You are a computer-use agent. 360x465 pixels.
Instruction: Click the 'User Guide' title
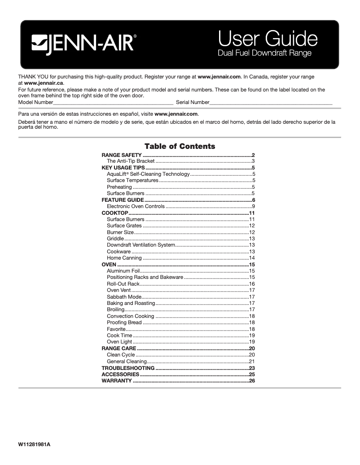pos(268,39)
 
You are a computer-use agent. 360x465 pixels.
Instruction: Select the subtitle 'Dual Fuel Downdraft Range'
pos(264,53)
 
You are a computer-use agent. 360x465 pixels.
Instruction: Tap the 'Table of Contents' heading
pos(180,146)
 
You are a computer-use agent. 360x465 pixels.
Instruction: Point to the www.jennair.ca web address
pos(44,83)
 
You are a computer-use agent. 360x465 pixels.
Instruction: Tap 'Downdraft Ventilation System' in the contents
pos(140,245)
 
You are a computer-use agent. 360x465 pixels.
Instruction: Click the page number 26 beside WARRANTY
pos(252,381)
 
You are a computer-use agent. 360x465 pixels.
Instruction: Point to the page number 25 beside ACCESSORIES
pos(252,374)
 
